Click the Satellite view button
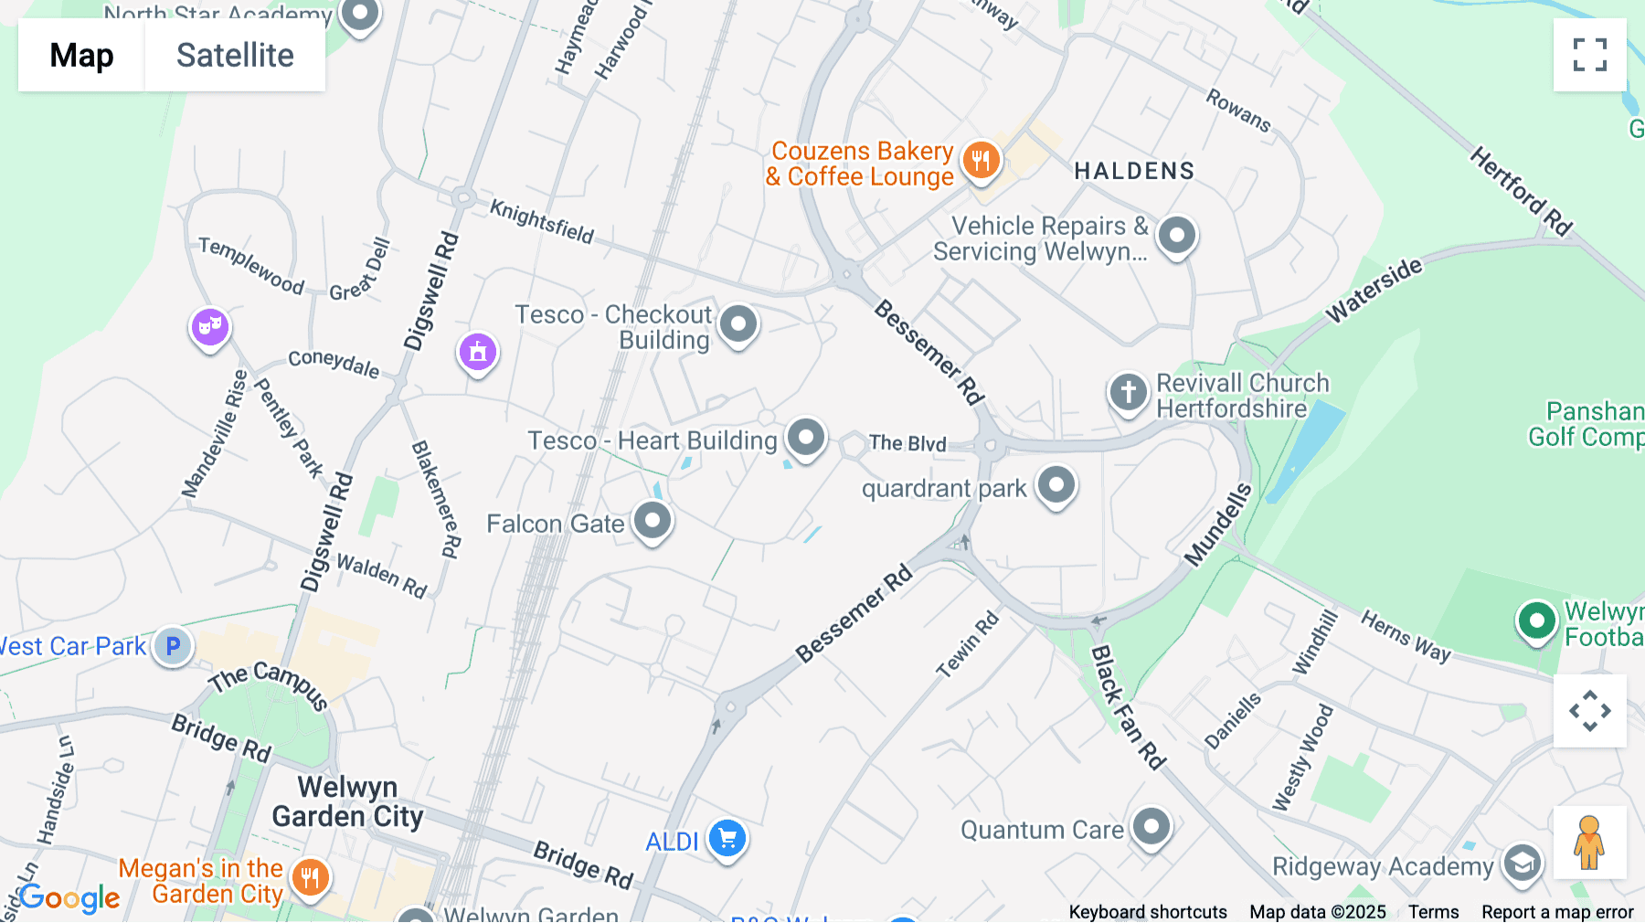235,56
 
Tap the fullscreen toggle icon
1589,55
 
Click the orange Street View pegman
1589,842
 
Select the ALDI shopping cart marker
727,838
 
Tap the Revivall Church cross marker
1128,392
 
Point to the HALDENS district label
1134,171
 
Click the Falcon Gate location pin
653,521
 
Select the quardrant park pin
1056,484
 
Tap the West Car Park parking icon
173,646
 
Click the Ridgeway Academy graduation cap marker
1522,862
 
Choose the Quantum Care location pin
1151,828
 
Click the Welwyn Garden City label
347,801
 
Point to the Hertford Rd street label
1521,192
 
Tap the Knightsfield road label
542,221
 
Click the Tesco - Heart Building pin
805,438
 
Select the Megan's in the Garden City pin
310,878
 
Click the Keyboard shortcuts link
1148,912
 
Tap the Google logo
69,898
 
